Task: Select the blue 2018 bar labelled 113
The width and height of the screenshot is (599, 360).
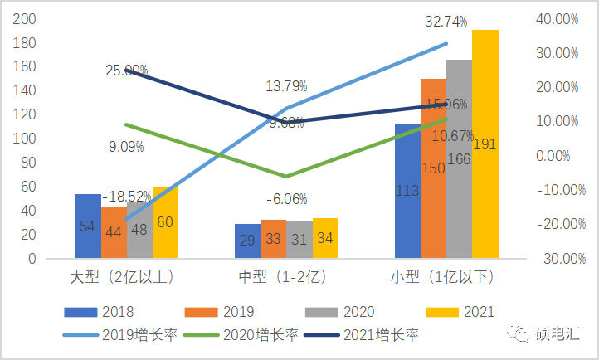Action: [407, 191]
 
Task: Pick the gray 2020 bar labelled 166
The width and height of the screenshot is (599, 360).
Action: [459, 158]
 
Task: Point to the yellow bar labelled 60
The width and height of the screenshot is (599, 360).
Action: [165, 222]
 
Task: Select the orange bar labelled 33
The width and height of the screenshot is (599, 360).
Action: [274, 239]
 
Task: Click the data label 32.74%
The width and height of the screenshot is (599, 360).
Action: [446, 22]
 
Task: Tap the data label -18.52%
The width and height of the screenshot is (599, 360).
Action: [126, 197]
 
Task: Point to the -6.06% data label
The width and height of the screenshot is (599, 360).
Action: [287, 199]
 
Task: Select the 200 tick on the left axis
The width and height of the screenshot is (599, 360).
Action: [26, 18]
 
